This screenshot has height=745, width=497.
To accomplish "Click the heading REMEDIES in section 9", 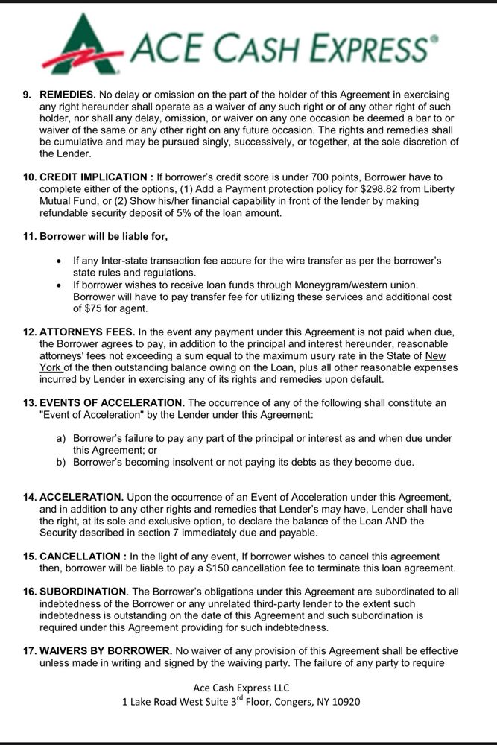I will point(67,95).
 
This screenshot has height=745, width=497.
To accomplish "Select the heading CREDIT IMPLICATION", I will point(93,177).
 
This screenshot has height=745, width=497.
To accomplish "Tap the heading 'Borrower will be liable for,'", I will point(104,236).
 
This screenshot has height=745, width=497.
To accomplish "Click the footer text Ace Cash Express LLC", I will point(241,687).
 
